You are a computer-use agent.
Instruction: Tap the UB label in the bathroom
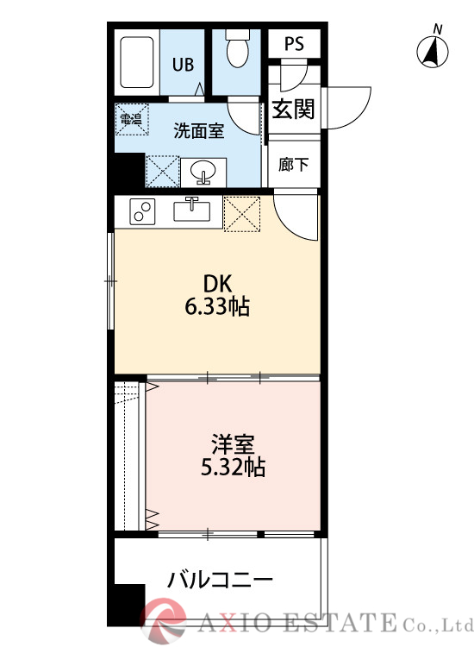tap(183, 64)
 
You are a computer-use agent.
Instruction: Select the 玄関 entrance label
tap(293, 110)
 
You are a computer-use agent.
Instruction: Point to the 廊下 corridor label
tap(293, 164)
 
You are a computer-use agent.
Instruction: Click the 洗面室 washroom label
tap(198, 131)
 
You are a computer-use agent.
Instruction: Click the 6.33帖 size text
tap(217, 306)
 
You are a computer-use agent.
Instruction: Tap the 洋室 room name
tap(232, 446)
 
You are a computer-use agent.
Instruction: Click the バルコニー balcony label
tap(221, 579)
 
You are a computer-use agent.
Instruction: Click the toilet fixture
tap(236, 51)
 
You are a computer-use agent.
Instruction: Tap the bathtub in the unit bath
tap(138, 64)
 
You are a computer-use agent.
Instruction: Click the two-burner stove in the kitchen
tap(141, 210)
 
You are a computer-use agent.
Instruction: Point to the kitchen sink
tap(192, 210)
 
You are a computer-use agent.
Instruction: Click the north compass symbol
tap(433, 53)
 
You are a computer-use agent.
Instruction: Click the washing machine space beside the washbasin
tap(162, 170)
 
